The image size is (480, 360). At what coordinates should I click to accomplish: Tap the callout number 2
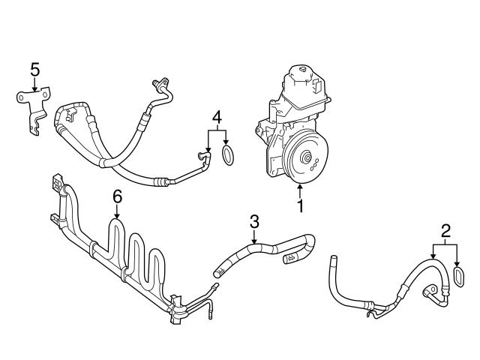coord(446,231)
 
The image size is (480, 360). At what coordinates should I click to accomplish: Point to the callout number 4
coord(217,117)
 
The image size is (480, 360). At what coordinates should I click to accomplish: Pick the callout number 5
coord(34,70)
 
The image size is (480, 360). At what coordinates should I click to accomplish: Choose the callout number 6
coord(116,196)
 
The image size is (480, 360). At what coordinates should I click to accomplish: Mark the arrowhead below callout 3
coord(254,243)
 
